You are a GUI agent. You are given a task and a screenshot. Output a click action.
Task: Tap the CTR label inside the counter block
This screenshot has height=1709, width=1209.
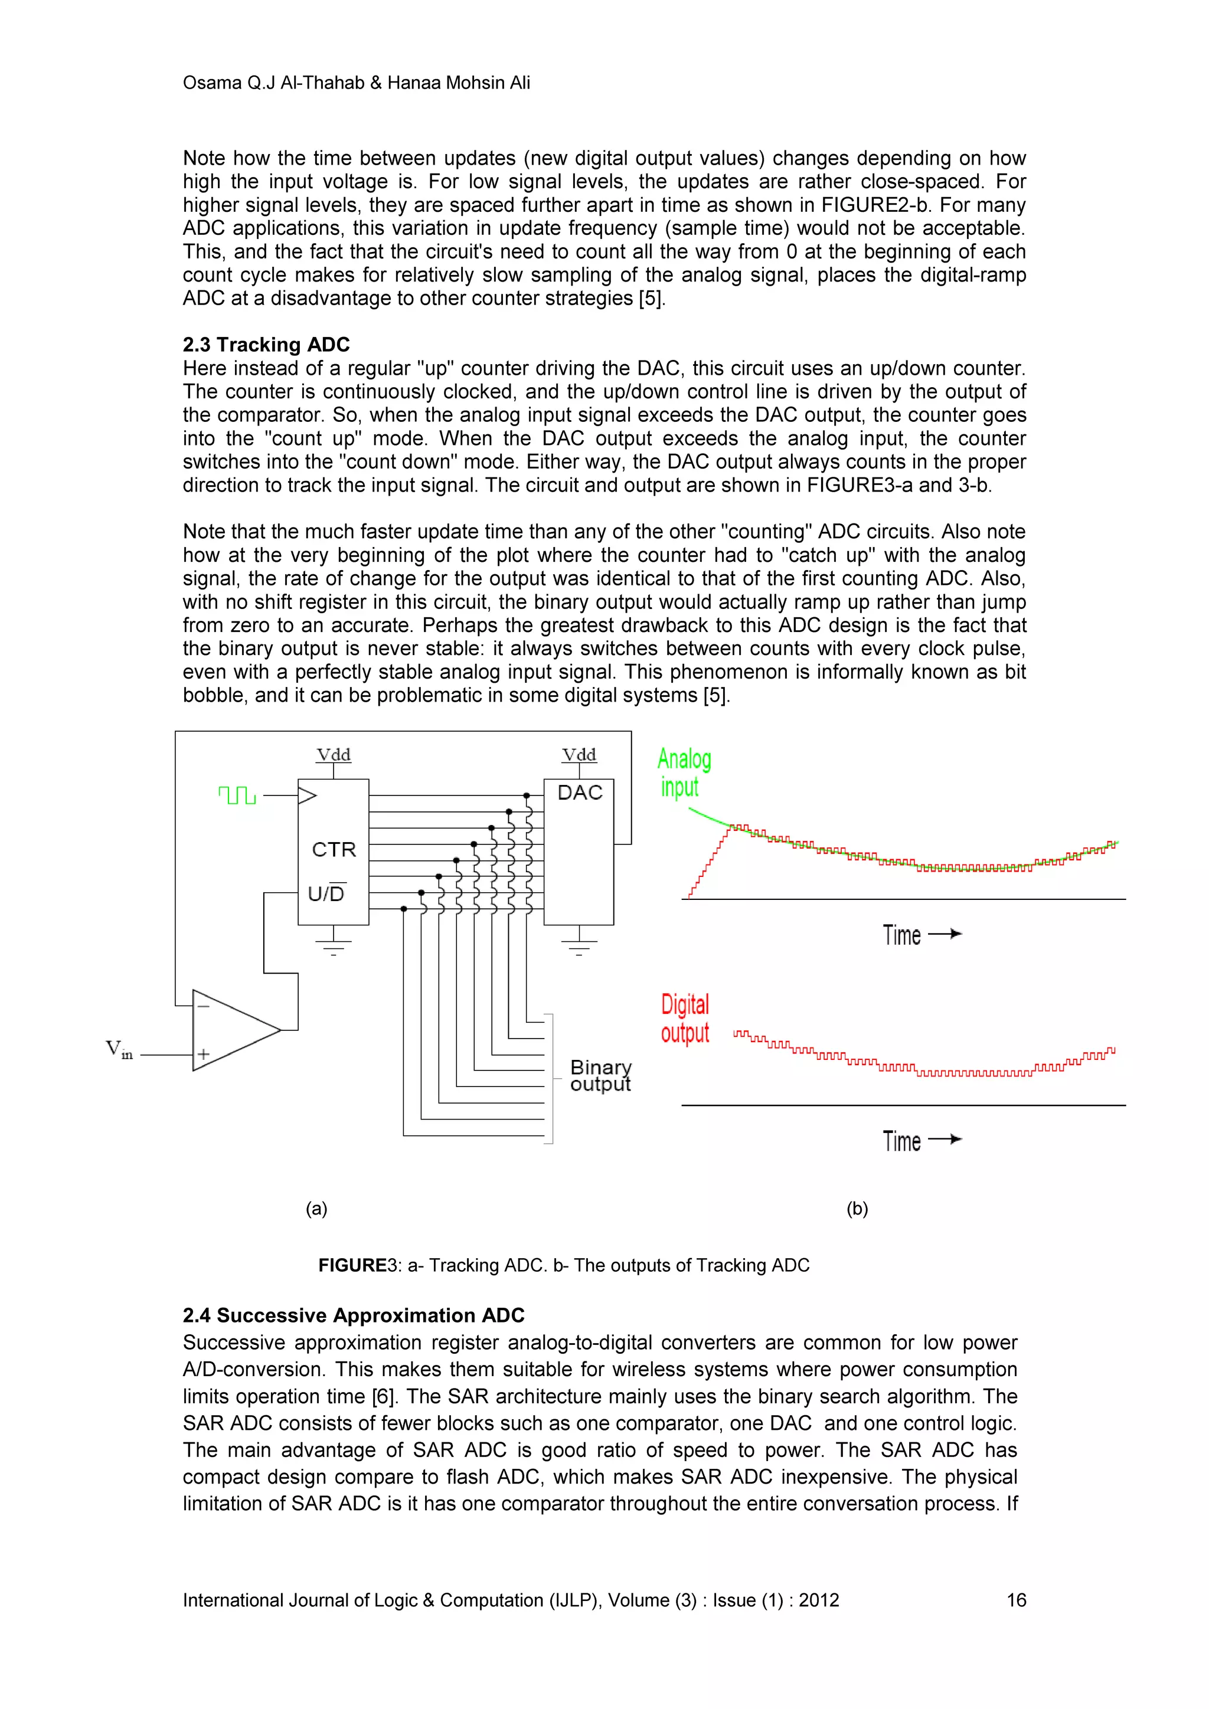(334, 849)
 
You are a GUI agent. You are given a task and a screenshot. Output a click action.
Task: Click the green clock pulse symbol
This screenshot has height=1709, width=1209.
(237, 795)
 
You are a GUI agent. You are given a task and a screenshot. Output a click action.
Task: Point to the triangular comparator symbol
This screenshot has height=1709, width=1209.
(231, 1030)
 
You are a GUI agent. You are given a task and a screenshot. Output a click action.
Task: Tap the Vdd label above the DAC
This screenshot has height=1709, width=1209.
(579, 755)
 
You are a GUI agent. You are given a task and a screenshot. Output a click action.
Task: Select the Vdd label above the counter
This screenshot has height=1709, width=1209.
(333, 755)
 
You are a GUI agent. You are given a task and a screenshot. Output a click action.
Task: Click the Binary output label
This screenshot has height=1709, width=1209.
(600, 1076)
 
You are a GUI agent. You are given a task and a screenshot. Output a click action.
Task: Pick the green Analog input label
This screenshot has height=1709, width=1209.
(684, 772)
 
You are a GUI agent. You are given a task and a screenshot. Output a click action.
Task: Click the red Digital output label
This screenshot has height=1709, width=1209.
(685, 1018)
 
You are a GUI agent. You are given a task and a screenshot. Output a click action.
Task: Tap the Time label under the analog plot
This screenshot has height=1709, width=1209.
(901, 935)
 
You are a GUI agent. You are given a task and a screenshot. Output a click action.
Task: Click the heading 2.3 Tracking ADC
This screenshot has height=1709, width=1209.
(266, 345)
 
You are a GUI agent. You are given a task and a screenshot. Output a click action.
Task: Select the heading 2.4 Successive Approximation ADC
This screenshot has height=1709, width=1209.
(354, 1315)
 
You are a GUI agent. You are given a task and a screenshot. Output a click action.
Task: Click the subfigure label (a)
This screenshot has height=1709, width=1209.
(316, 1209)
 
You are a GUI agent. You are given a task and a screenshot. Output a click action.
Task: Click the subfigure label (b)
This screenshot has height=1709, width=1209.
(857, 1209)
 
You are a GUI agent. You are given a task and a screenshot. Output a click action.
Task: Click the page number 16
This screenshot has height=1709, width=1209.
(1015, 1600)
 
